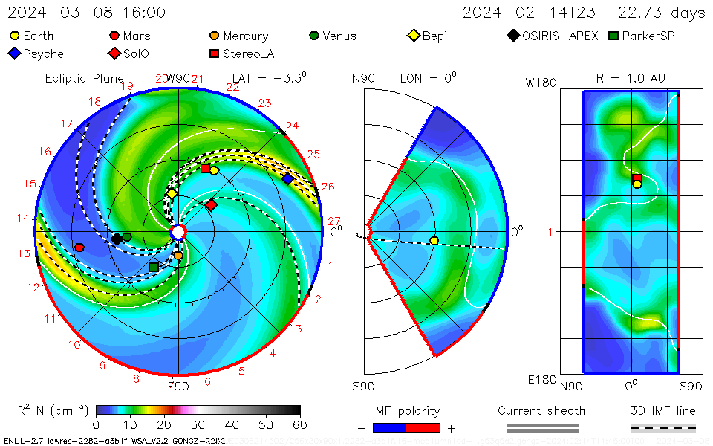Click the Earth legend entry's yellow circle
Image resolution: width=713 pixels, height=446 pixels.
tap(15, 36)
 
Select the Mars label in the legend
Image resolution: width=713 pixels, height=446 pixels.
tap(137, 36)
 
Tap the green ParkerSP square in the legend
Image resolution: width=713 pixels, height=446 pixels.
tap(613, 36)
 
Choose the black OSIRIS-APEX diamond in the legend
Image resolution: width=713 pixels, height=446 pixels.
tap(514, 36)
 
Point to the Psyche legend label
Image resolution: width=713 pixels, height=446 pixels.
tap(43, 54)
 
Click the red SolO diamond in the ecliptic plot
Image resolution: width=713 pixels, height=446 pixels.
tap(212, 204)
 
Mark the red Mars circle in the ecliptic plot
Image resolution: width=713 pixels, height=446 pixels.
tap(79, 248)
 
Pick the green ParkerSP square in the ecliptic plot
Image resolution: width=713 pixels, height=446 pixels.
tap(153, 267)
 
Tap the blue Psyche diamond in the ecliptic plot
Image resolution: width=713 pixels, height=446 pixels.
tap(287, 179)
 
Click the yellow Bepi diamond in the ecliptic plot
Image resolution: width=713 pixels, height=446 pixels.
tap(172, 194)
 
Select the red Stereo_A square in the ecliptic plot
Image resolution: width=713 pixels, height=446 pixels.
tap(205, 169)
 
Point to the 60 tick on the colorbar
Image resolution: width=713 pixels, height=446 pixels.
tap(300, 424)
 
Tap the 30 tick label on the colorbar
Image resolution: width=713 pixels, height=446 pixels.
tap(198, 424)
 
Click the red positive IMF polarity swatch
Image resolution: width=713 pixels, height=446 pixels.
tap(423, 428)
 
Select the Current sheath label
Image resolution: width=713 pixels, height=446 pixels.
tap(541, 410)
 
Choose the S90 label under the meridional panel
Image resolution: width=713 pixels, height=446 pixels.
tap(363, 386)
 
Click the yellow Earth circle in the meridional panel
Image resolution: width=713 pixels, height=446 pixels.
tap(434, 240)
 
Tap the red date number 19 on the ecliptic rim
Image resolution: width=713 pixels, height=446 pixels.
tap(126, 86)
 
